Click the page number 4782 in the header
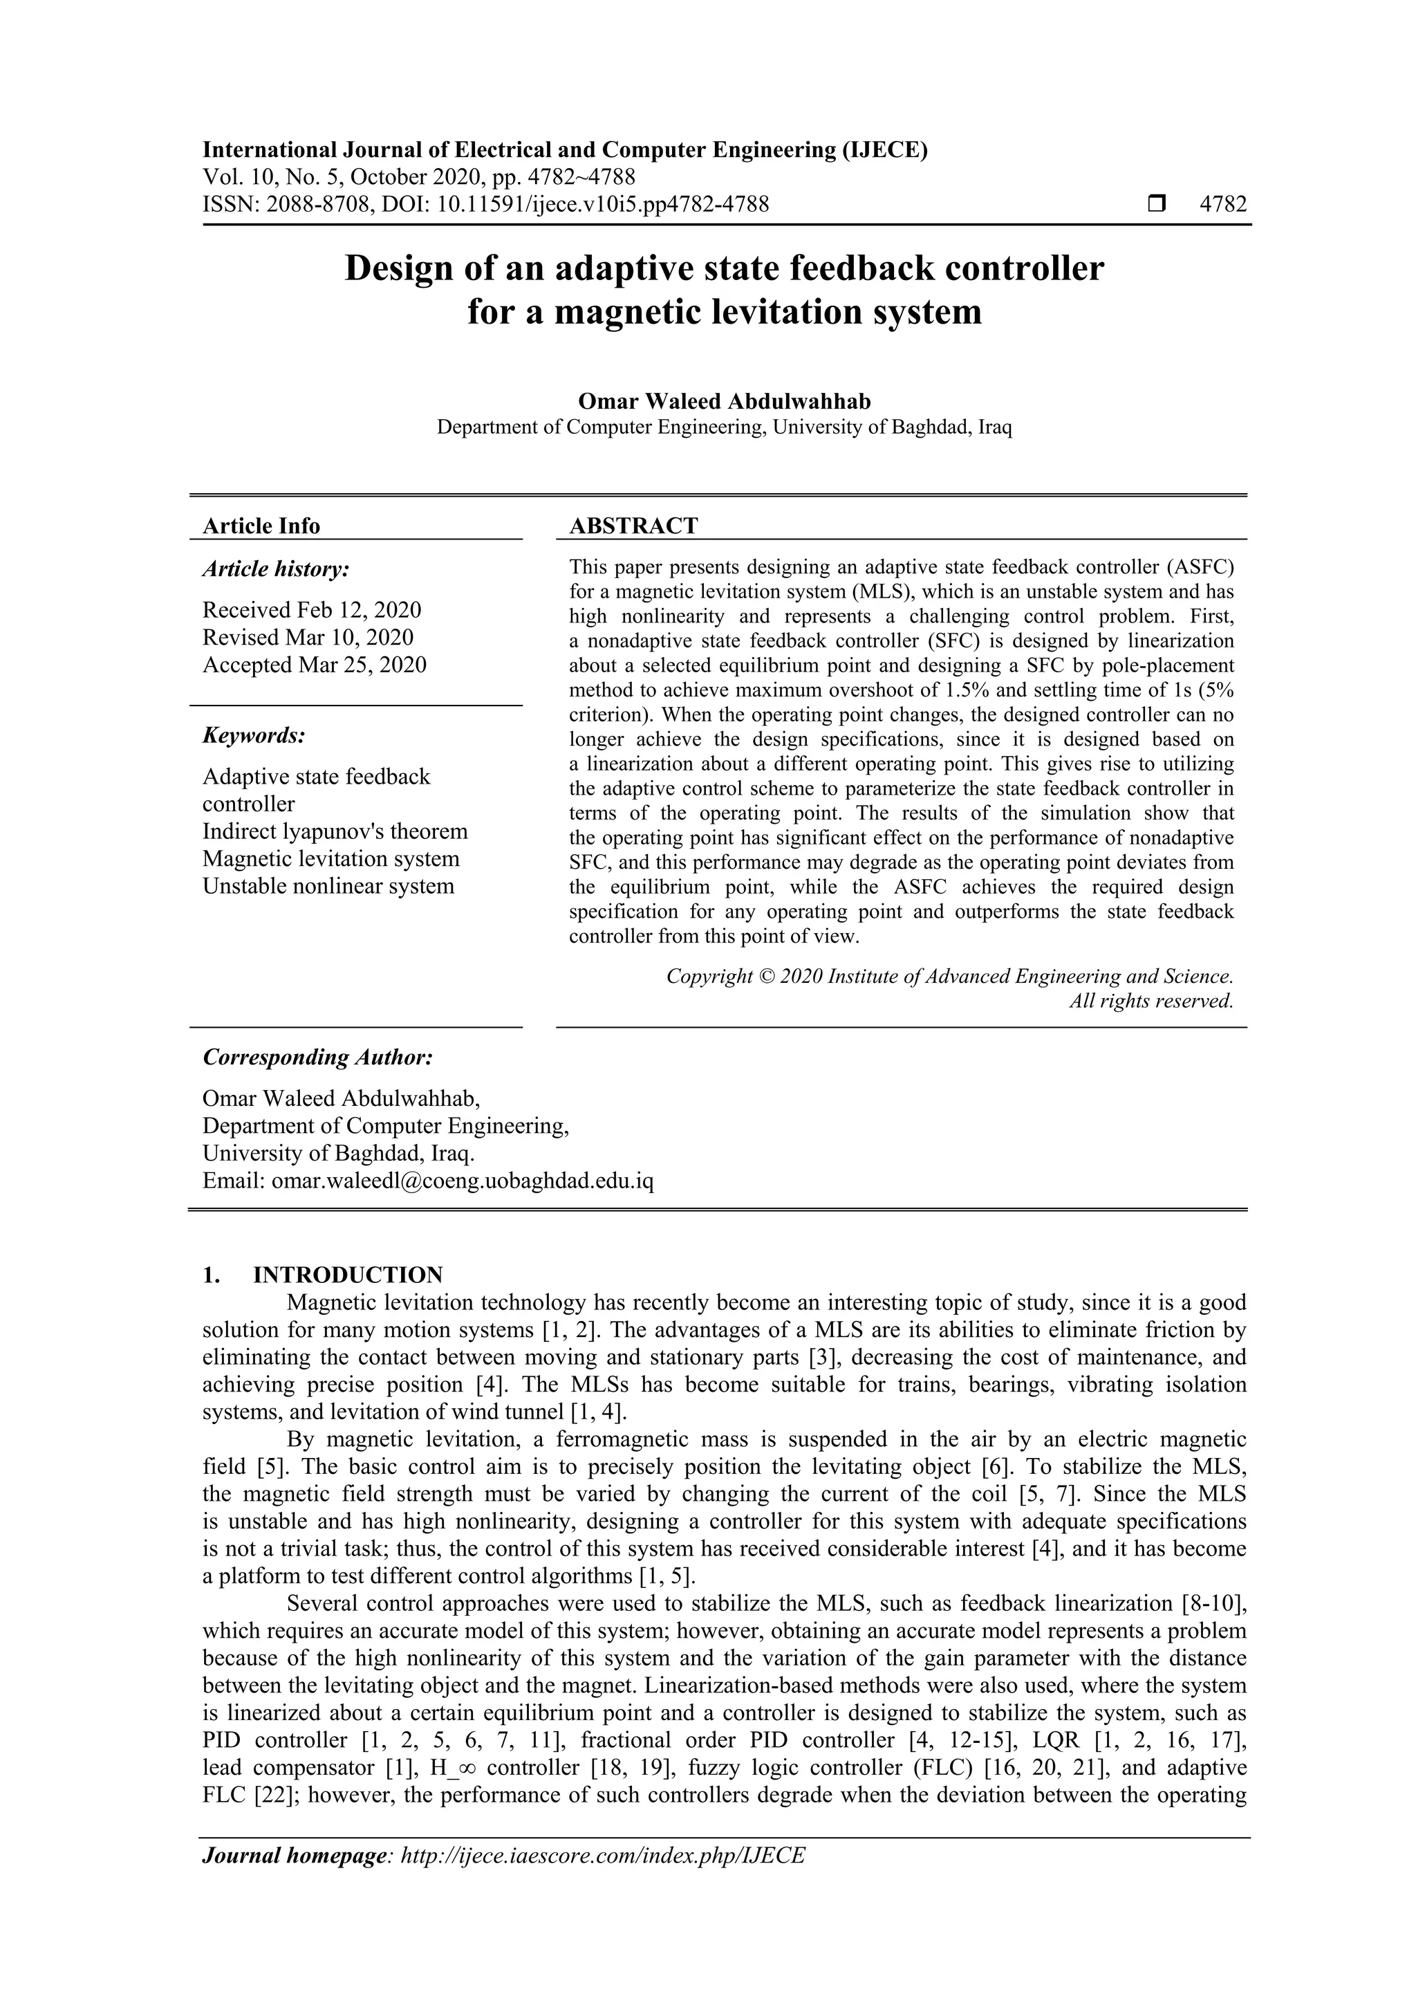(1222, 205)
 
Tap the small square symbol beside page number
(1156, 205)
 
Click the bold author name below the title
(724, 401)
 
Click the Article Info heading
(261, 526)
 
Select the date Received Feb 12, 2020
(311, 610)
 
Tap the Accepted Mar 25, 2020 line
(314, 665)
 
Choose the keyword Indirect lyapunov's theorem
(335, 831)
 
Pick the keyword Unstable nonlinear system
(328, 887)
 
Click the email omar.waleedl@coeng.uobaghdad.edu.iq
(462, 1181)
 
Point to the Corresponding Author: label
(317, 1058)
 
